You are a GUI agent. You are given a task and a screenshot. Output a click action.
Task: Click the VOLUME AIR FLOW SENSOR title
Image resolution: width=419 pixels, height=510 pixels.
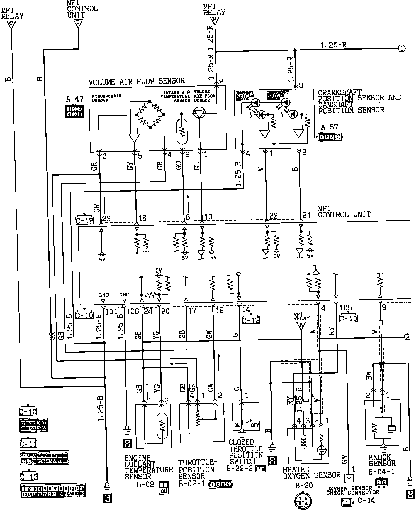137,81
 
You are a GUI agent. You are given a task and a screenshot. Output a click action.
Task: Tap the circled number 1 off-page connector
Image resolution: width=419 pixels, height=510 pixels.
401,48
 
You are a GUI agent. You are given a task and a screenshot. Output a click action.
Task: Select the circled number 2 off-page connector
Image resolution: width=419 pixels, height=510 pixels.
407,337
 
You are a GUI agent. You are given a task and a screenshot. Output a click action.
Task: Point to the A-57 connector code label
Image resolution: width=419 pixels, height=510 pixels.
330,127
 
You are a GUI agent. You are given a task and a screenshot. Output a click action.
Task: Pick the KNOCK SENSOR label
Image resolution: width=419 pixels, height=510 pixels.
382,460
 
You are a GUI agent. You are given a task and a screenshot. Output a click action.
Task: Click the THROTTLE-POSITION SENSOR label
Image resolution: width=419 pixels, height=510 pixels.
196,469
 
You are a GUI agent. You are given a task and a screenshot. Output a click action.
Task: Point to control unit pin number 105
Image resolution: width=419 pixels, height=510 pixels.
346,308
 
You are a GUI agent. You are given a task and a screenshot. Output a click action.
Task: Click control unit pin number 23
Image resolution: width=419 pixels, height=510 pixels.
106,219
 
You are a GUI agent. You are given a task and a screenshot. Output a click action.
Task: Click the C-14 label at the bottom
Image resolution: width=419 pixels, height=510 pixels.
366,500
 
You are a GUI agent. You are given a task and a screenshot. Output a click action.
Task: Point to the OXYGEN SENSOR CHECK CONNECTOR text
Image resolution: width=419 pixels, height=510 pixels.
353,490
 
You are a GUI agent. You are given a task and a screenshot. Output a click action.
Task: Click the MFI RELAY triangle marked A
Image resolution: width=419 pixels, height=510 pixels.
300,325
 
